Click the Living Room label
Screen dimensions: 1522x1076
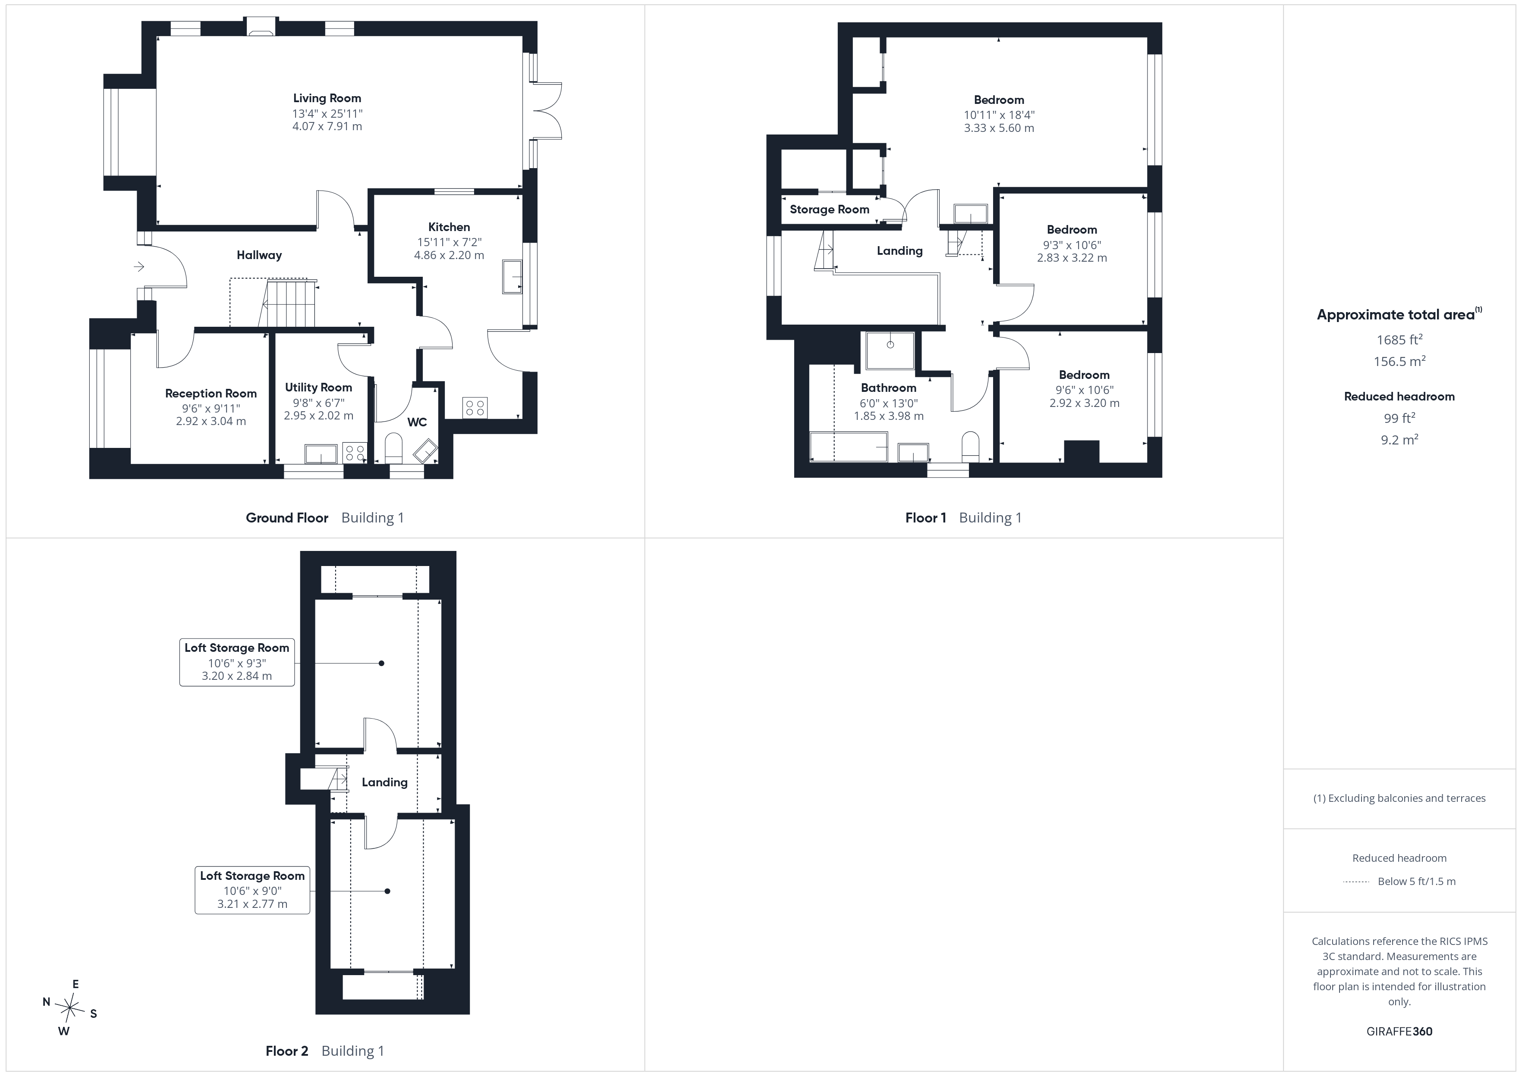pos(327,98)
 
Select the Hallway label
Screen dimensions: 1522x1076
pos(259,255)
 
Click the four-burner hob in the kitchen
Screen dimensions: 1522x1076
pos(475,407)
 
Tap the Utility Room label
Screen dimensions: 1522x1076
pos(318,388)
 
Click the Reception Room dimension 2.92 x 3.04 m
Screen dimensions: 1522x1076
pos(211,421)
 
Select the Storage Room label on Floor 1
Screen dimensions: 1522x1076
pos(829,210)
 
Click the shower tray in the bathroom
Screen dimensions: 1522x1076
pos(890,350)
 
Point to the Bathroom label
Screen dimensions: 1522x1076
pos(888,388)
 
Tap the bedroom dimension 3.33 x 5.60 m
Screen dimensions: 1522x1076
pos(999,128)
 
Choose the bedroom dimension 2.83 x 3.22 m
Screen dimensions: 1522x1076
pos(1072,258)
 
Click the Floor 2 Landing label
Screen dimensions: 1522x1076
pos(384,782)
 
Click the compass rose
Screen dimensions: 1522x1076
pos(69,1008)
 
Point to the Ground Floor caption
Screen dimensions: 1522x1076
pos(287,518)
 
